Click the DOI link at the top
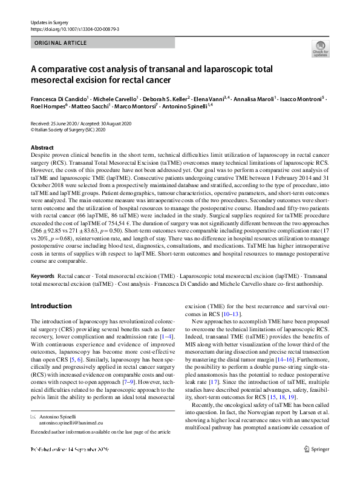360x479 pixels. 70,28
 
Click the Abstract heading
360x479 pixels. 42,148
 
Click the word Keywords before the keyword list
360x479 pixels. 44,276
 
